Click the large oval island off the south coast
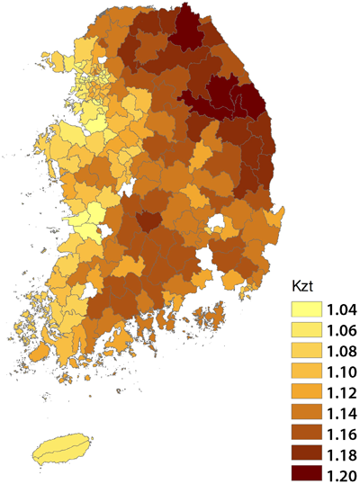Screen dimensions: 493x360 pyautogui.click(x=63, y=447)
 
